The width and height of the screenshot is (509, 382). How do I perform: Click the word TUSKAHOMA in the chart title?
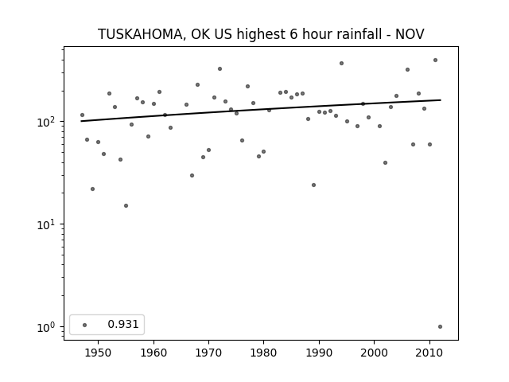[x=140, y=34]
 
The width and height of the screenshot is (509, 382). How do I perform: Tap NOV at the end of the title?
[x=410, y=34]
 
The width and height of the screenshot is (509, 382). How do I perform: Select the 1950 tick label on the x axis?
[x=98, y=353]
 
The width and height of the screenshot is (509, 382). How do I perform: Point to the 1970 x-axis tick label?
[x=208, y=353]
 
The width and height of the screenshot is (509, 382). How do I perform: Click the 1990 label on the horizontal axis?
[x=319, y=353]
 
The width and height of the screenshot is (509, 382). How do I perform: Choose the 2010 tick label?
[x=429, y=353]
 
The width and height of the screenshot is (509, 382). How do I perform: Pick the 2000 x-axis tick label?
[x=375, y=353]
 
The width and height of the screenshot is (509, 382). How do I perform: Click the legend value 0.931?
[x=123, y=324]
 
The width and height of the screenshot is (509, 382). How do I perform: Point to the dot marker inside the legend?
[x=85, y=325]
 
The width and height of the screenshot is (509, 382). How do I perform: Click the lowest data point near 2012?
[x=440, y=327]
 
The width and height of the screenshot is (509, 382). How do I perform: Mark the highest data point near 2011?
[x=435, y=60]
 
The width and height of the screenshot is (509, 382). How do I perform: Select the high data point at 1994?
[x=341, y=64]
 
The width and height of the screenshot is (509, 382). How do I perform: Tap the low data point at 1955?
[x=126, y=205]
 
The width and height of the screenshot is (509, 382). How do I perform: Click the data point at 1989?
[x=313, y=185]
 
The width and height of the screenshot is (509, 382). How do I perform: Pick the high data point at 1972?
[x=220, y=69]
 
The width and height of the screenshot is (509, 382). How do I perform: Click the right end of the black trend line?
[x=441, y=100]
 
